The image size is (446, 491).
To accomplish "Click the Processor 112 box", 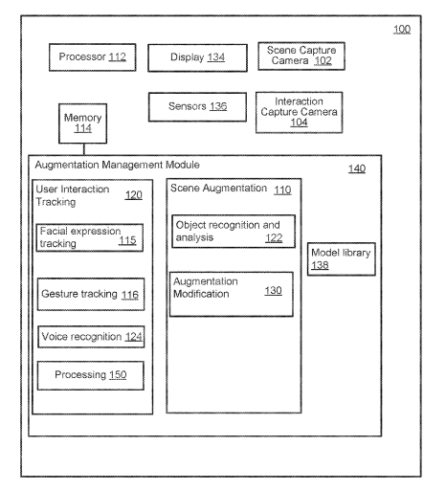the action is tap(93, 57).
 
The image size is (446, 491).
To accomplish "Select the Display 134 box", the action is tap(197, 57).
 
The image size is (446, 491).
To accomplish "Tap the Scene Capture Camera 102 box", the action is tap(301, 56).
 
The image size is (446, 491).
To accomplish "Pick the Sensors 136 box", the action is tap(197, 107).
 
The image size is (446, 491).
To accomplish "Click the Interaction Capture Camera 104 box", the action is tap(300, 112).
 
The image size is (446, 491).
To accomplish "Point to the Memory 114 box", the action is tap(82, 123).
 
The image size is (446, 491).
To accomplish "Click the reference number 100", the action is tap(402, 30).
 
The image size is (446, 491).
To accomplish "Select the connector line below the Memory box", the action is tap(84, 149).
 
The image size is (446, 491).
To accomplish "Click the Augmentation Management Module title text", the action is tap(117, 165).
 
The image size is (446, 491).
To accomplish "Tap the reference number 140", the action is tap(357, 168).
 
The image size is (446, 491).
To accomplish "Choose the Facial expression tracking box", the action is tap(90, 237).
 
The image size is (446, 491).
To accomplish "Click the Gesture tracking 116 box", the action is tap(91, 294).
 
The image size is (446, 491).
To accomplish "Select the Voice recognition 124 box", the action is tap(91, 337).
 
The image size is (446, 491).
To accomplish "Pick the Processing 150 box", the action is tap(91, 375).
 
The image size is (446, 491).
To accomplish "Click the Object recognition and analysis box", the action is tap(234, 232).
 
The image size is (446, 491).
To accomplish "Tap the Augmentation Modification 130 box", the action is tap(232, 294).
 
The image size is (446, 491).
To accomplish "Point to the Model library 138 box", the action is tap(342, 259).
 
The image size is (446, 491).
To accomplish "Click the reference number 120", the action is tap(133, 195).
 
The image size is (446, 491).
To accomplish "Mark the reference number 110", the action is tap(282, 190).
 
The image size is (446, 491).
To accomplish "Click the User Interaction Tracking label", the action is tap(73, 195).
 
